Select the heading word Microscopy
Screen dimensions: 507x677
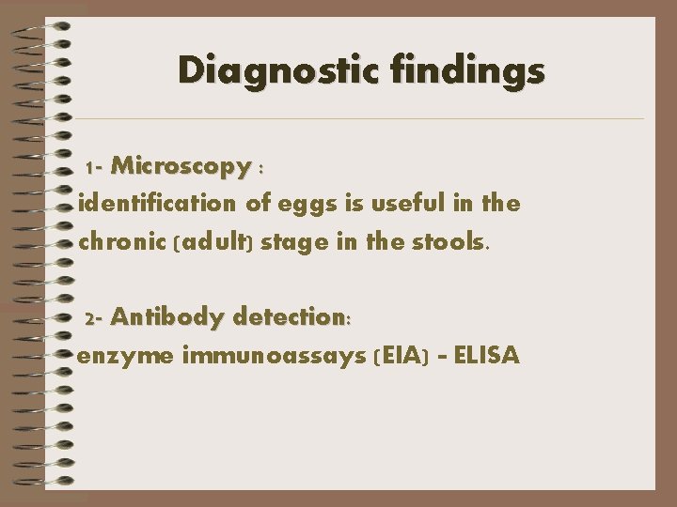click(x=180, y=167)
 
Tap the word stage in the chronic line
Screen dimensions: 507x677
click(x=289, y=243)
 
